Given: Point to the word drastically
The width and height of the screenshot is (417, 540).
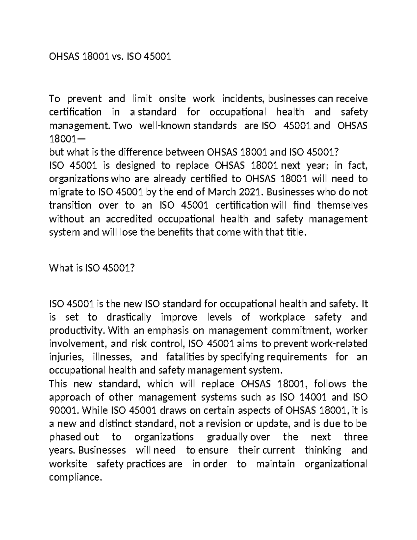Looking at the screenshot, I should tap(129, 317).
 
